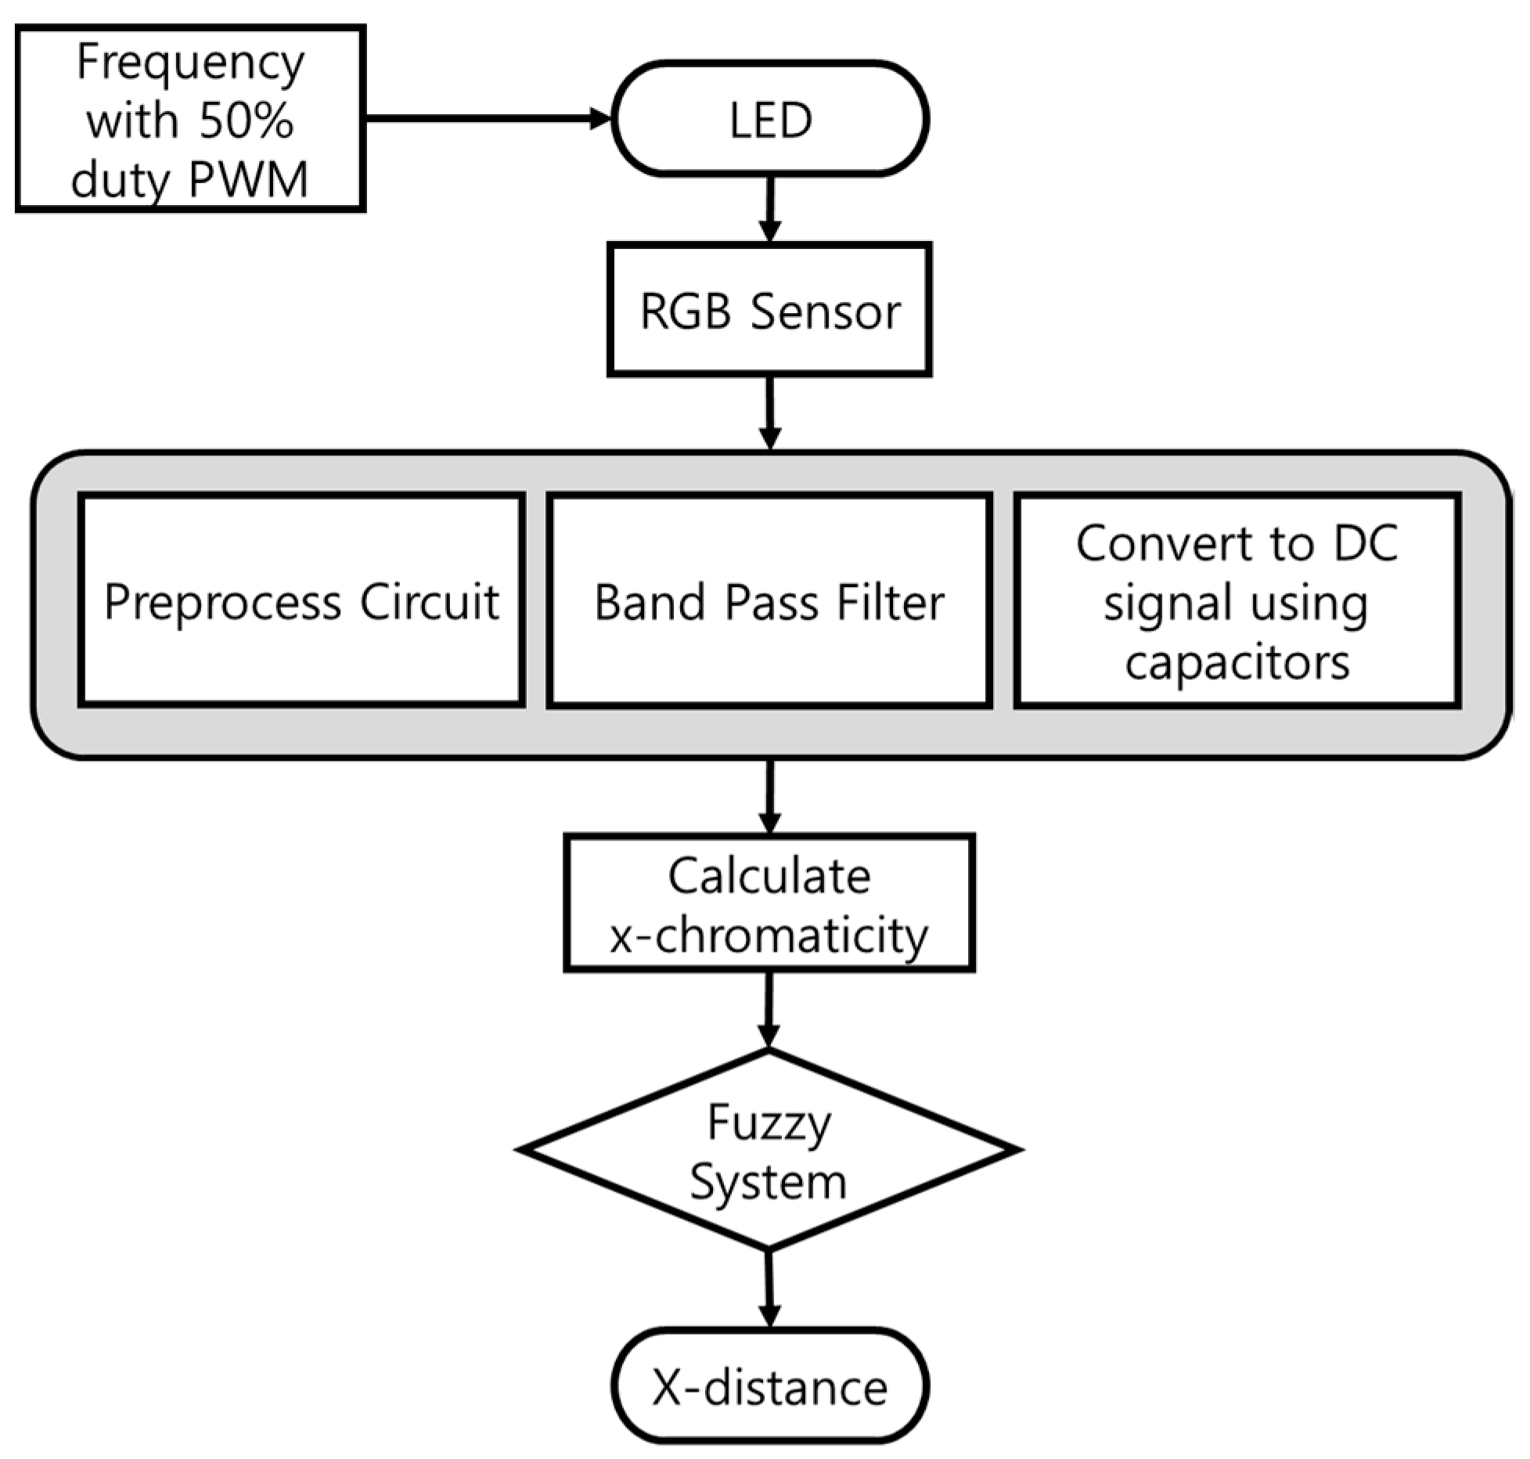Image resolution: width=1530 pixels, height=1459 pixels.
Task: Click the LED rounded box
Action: pyautogui.click(x=770, y=119)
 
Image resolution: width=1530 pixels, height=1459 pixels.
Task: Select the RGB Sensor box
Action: pyautogui.click(x=770, y=310)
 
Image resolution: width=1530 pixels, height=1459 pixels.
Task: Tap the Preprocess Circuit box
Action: pyautogui.click(x=301, y=601)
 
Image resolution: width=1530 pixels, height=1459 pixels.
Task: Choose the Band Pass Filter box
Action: pyautogui.click(x=769, y=601)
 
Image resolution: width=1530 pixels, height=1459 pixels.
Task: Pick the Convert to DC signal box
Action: pyautogui.click(x=1237, y=601)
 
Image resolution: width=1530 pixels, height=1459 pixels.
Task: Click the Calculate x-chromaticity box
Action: pyautogui.click(x=769, y=903)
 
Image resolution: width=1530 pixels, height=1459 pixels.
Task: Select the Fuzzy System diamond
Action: pyautogui.click(x=769, y=1151)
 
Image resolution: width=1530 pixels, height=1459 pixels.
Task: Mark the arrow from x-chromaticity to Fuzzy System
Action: pyautogui.click(x=769, y=1010)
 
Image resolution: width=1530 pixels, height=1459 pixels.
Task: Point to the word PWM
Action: pyautogui.click(x=249, y=180)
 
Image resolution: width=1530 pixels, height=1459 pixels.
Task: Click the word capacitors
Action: pyautogui.click(x=1237, y=662)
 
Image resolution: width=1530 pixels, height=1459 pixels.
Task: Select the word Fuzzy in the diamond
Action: pyautogui.click(x=769, y=1122)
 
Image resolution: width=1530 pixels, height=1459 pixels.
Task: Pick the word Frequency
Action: pyautogui.click(x=190, y=63)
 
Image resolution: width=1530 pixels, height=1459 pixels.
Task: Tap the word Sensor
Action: pyautogui.click(x=825, y=312)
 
